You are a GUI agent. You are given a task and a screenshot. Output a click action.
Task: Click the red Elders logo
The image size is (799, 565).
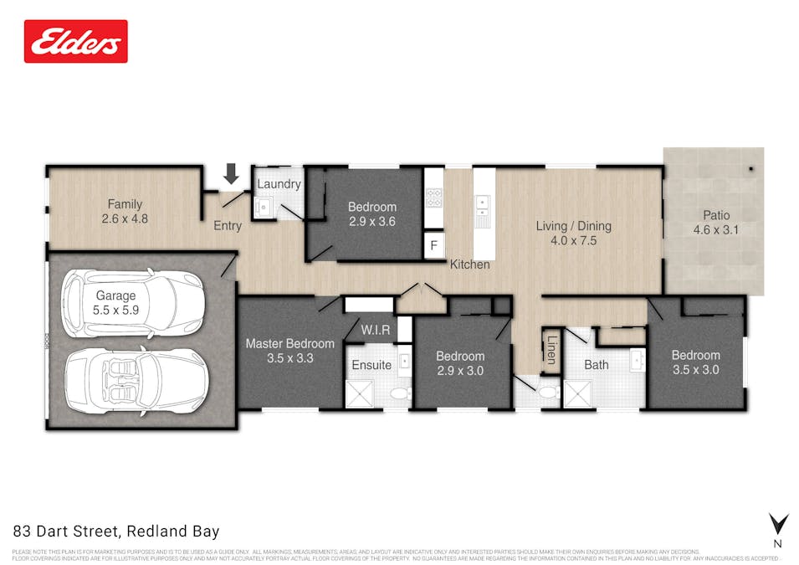point(76,41)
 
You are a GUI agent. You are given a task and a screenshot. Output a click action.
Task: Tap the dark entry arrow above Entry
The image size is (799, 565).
point(232,173)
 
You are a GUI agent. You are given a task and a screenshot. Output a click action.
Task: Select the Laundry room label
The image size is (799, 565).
point(279,184)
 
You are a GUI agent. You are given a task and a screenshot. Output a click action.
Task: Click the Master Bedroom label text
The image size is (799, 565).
point(289,343)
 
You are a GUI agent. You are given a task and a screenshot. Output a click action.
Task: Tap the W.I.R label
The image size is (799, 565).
point(376,331)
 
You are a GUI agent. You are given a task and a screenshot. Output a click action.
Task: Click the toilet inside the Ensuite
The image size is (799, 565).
point(401,393)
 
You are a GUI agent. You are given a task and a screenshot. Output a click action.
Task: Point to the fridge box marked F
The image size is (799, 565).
point(433,246)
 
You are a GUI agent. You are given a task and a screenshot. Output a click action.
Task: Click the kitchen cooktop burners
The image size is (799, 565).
point(434,198)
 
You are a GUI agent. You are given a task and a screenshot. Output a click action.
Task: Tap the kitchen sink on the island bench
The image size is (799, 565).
point(484,207)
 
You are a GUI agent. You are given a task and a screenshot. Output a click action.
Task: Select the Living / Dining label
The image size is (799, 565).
point(573,226)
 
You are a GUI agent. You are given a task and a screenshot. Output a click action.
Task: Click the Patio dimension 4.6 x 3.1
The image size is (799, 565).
point(716,229)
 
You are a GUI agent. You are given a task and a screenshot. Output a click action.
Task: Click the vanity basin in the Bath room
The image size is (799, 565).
point(636,361)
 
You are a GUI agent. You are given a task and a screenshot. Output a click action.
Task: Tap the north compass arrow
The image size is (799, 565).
point(778,525)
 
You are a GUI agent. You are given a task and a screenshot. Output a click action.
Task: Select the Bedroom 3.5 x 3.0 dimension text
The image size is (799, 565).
point(695,369)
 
